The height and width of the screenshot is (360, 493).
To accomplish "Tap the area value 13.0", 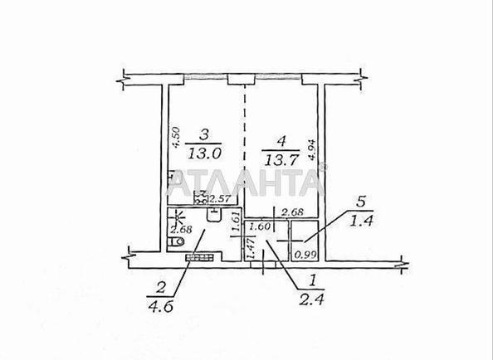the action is (x=205, y=153).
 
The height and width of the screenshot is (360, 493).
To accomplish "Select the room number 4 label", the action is (x=281, y=141).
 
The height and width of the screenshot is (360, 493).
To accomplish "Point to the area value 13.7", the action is (x=281, y=160).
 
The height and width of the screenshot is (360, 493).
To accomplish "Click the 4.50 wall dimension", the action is (x=176, y=137).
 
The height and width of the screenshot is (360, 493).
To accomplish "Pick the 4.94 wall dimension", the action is (x=311, y=150).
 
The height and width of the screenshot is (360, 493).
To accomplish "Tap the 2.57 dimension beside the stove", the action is (x=220, y=198).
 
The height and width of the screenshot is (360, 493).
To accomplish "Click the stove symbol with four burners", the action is (x=201, y=197).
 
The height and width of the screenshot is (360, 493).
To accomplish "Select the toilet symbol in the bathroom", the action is (x=175, y=242).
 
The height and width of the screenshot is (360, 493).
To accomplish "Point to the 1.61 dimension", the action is (x=236, y=223).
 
